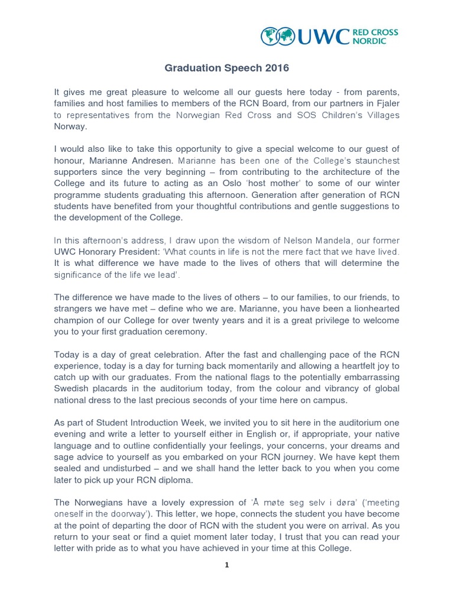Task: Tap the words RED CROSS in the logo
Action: tap(377, 32)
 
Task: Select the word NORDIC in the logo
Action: tap(370, 42)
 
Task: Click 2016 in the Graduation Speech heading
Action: tap(277, 68)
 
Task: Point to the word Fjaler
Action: tap(385, 103)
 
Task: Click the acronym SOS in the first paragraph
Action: tap(306, 115)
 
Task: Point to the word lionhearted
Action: tap(372, 308)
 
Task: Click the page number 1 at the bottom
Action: tap(227, 565)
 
